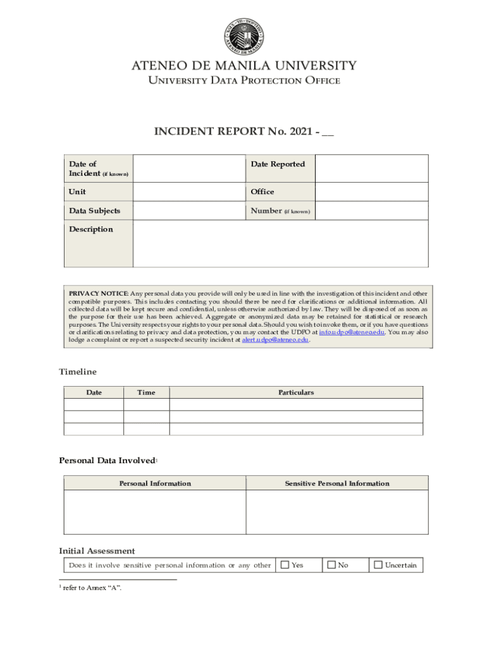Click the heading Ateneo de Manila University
pyautogui.click(x=244, y=66)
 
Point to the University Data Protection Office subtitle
pyautogui.click(x=244, y=81)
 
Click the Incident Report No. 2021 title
pyautogui.click(x=244, y=131)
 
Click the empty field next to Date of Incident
pyautogui.click(x=188, y=168)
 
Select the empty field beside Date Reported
pyautogui.click(x=371, y=168)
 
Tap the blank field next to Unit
pyautogui.click(x=188, y=192)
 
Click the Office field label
pyautogui.click(x=262, y=192)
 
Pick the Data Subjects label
pyautogui.click(x=94, y=211)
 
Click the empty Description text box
pyautogui.click(x=280, y=244)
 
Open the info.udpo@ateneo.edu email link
pyautogui.click(x=352, y=332)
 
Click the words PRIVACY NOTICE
pyautogui.click(x=98, y=294)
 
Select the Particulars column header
pyautogui.click(x=296, y=392)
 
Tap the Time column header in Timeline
pyautogui.click(x=146, y=392)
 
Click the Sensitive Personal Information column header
pyautogui.click(x=336, y=483)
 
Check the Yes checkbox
pyautogui.click(x=285, y=565)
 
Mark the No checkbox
pyautogui.click(x=331, y=565)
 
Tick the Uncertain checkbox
pyautogui.click(x=378, y=565)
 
